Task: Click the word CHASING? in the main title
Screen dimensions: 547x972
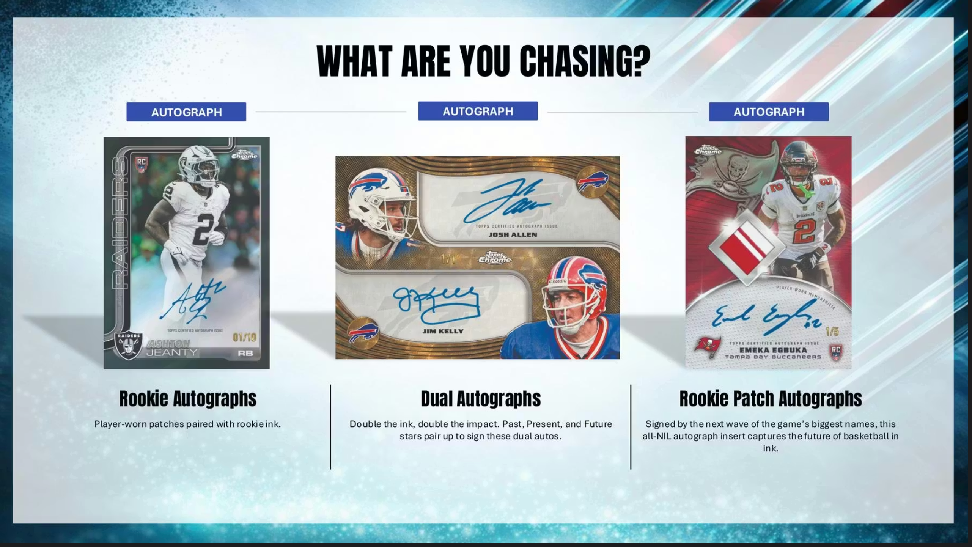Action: tap(585, 61)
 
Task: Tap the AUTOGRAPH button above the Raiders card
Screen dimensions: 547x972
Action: tap(186, 112)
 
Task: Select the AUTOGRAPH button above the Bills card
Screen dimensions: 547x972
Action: tap(478, 111)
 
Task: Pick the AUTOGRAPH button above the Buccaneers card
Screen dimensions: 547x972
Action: tap(769, 112)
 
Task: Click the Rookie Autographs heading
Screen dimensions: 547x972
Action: tap(188, 399)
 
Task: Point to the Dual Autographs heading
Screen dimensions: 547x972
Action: tap(481, 399)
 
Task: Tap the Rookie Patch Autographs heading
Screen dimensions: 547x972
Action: tap(771, 399)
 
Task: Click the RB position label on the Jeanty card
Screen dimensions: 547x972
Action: tap(245, 353)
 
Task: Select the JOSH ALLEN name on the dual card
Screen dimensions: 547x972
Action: tap(513, 235)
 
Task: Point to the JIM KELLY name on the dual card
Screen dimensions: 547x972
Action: tap(443, 331)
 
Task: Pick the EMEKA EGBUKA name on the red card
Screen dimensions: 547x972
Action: tap(773, 350)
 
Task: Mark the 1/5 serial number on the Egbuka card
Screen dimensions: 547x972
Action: tap(832, 332)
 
